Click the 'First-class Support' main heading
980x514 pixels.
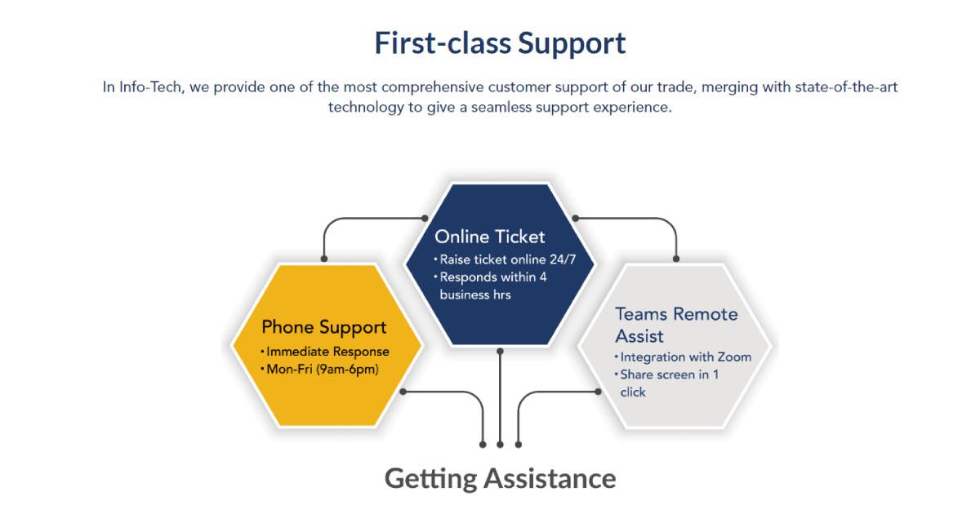[500, 43]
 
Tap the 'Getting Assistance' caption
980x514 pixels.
[500, 478]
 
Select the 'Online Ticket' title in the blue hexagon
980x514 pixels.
[489, 237]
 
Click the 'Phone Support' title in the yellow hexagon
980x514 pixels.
[324, 327]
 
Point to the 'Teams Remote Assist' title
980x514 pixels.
[676, 325]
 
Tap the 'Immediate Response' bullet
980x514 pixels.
[327, 352]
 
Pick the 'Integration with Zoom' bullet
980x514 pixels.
[685, 357]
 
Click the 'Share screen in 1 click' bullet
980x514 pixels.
[669, 383]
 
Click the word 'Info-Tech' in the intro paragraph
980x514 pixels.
[151, 86]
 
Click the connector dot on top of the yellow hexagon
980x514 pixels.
[324, 259]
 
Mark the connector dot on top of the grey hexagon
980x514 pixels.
[676, 259]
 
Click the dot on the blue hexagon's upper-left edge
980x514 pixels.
[424, 218]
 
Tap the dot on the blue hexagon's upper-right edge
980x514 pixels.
[576, 218]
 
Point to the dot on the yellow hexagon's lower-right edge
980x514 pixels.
[403, 392]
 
